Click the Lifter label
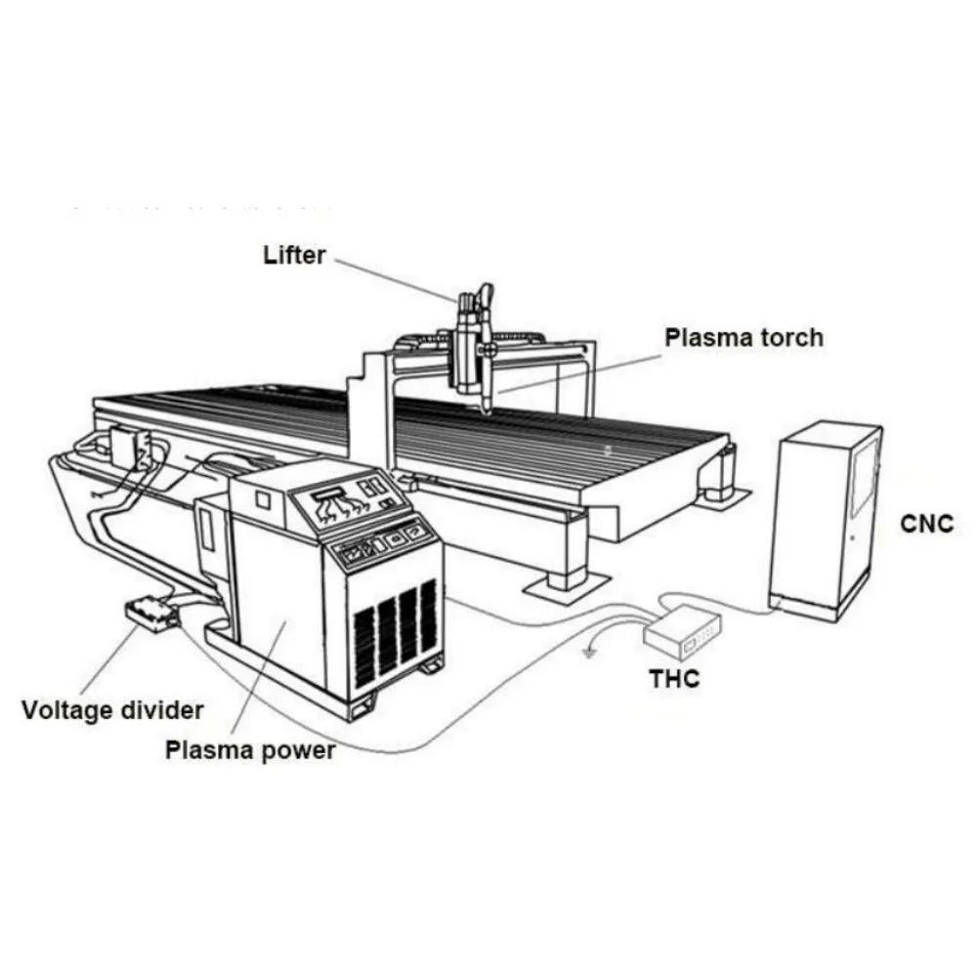294,256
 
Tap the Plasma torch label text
743,338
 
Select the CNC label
925,524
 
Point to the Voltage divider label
112,709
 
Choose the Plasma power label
250,750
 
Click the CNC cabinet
826,518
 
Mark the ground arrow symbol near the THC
589,651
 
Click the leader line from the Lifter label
391,276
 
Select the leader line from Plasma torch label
576,371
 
